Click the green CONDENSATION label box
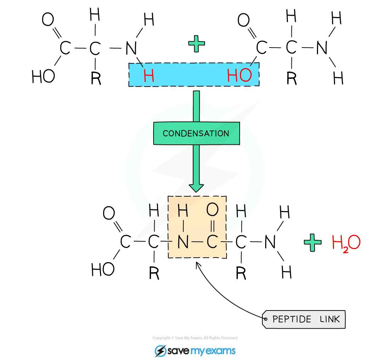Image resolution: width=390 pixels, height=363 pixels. click(196, 133)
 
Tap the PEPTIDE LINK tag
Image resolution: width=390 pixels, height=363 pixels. click(304, 319)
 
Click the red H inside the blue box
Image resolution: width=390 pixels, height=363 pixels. click(149, 76)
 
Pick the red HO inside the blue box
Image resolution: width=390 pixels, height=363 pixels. click(239, 75)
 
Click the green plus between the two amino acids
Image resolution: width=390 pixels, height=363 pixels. click(196, 44)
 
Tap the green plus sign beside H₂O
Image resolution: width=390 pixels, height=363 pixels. click(313, 242)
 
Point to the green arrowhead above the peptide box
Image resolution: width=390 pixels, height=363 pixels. click(196, 188)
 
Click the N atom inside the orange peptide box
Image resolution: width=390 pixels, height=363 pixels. click(183, 242)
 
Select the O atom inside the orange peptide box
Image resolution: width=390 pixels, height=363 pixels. click(212, 209)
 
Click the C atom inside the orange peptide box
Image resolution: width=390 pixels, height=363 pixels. click(212, 242)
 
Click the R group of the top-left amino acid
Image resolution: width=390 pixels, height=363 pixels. click(96, 78)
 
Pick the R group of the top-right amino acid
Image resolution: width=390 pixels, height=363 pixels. click(292, 78)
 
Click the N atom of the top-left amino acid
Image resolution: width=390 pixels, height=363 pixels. click(131, 48)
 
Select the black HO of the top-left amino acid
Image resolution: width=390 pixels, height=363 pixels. click(43, 76)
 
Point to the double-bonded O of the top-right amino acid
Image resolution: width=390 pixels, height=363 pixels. click(244, 20)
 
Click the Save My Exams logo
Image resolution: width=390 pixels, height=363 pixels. click(195, 351)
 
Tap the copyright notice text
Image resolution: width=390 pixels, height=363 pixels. click(195, 338)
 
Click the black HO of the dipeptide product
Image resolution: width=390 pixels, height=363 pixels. click(103, 270)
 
